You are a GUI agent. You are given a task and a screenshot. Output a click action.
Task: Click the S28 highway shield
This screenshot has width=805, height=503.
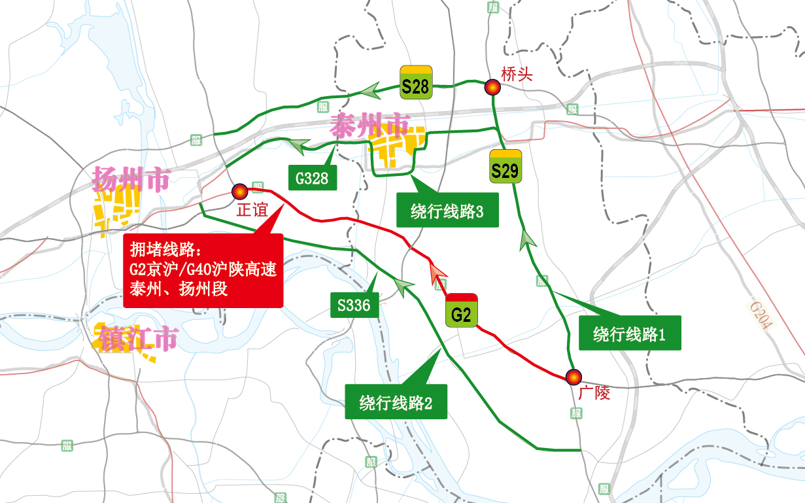click(x=417, y=82)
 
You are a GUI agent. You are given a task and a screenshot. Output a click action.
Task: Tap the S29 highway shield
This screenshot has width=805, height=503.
click(x=505, y=167)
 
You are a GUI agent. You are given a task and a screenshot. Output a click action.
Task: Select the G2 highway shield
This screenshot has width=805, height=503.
click(x=462, y=310)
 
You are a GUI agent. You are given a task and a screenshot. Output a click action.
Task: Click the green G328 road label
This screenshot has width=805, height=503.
click(x=312, y=177)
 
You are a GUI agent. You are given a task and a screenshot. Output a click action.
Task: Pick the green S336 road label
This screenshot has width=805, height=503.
click(x=354, y=305)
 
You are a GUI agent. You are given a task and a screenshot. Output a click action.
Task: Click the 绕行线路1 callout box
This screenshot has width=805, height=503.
click(x=629, y=334)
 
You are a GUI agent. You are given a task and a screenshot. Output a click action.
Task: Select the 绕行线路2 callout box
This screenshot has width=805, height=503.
click(x=396, y=402)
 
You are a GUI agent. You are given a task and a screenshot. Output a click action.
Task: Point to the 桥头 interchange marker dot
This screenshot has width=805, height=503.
click(x=492, y=87)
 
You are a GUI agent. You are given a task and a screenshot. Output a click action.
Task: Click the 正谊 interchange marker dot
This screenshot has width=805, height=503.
click(x=239, y=191)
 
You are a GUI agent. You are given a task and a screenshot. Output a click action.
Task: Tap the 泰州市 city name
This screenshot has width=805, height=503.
click(x=370, y=125)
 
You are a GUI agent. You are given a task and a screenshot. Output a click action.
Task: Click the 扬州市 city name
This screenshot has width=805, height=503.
click(x=131, y=178)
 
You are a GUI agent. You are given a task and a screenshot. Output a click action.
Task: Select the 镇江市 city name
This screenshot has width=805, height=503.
click(x=139, y=338)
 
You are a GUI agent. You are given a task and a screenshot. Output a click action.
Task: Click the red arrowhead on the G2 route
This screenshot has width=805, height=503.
click(x=436, y=273)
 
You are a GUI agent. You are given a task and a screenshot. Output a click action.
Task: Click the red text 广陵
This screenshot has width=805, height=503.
click(x=594, y=393)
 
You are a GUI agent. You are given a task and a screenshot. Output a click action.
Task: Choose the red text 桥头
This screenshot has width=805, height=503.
click(x=517, y=74)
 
